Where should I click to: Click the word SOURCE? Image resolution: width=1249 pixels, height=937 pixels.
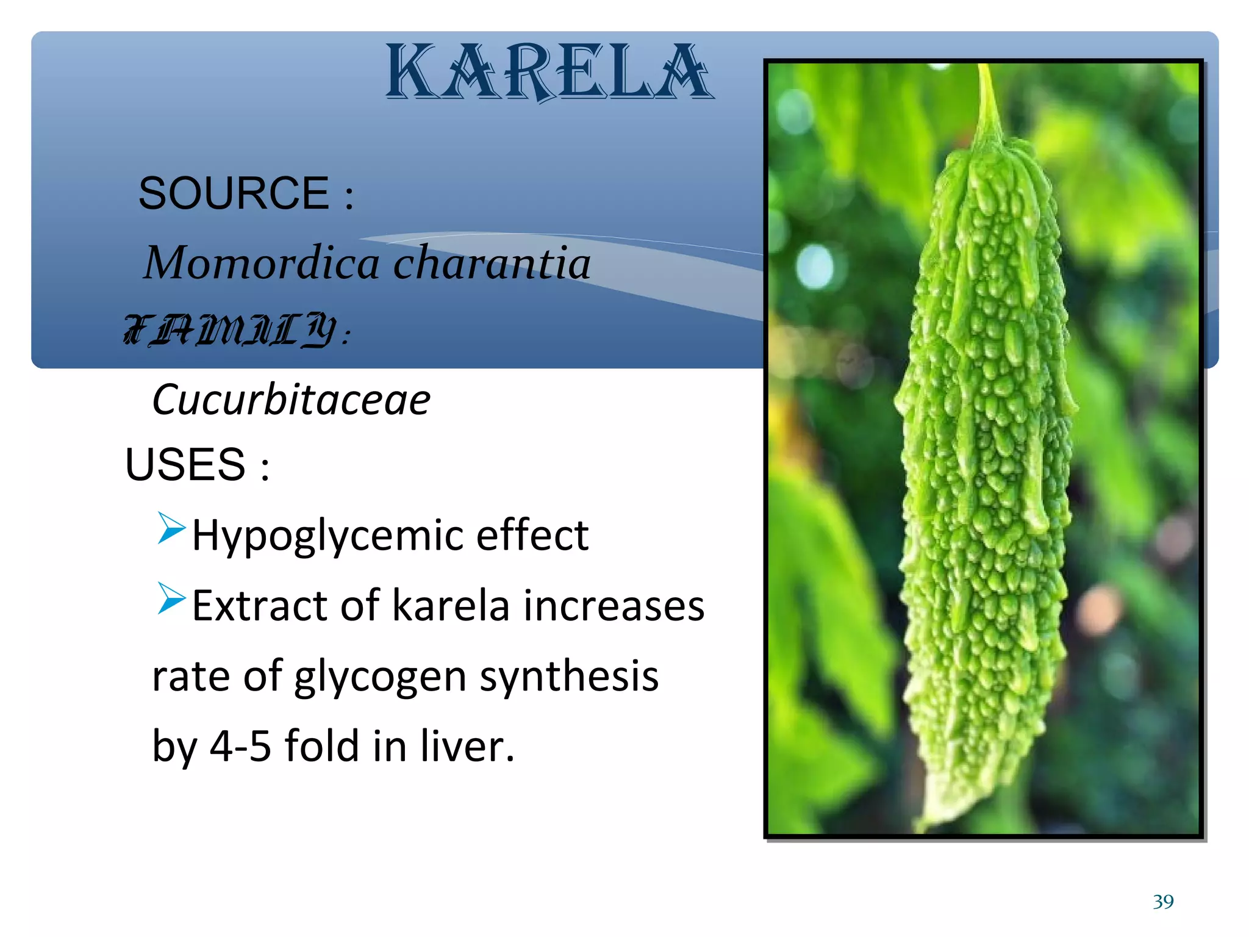(234, 193)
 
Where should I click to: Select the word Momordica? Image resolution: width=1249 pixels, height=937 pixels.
(262, 263)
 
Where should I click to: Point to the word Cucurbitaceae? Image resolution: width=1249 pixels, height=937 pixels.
(291, 400)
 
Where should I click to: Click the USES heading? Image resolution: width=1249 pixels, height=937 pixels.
(185, 465)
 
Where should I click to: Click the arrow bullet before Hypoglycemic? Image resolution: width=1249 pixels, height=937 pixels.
(171, 528)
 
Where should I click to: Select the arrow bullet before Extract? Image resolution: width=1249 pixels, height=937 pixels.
(171, 598)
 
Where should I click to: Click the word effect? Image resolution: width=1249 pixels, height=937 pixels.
(532, 535)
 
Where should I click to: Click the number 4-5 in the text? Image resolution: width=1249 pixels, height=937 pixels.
(240, 747)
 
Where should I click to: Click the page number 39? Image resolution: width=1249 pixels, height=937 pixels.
(1163, 902)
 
